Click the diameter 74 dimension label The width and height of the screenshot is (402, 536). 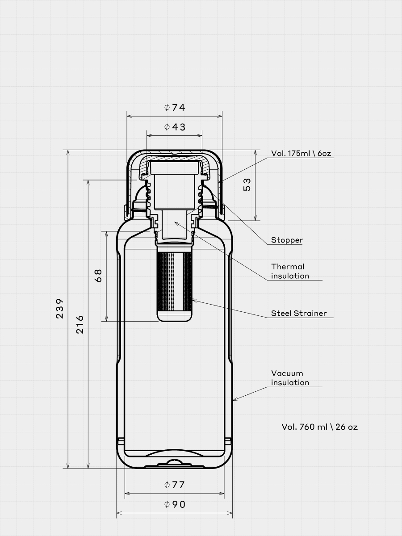(x=175, y=108)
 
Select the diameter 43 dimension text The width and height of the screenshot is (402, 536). (x=175, y=127)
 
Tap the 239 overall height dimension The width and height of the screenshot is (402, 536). (x=59, y=308)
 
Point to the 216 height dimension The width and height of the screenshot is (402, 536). (x=80, y=325)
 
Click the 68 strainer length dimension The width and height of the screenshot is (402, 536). (x=98, y=276)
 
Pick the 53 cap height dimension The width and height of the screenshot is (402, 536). (x=247, y=184)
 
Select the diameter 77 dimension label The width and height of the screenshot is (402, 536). (x=175, y=485)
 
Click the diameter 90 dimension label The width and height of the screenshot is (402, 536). (x=175, y=504)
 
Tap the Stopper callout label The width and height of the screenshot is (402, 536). (x=287, y=240)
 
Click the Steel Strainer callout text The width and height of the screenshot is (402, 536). (x=299, y=313)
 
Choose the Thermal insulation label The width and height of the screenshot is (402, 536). (x=290, y=271)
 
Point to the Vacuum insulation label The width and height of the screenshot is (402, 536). (x=290, y=378)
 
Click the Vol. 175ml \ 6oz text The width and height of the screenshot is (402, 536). (x=301, y=153)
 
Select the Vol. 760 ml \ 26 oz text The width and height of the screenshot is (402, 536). (x=319, y=427)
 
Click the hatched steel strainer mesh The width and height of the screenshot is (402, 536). (x=174, y=281)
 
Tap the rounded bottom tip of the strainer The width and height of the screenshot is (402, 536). (x=174, y=321)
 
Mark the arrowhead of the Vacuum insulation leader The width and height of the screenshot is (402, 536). (x=234, y=400)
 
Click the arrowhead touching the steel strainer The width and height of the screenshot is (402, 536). (x=193, y=300)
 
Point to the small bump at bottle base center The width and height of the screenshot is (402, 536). (x=174, y=461)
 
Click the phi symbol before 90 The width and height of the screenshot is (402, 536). (x=167, y=504)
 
